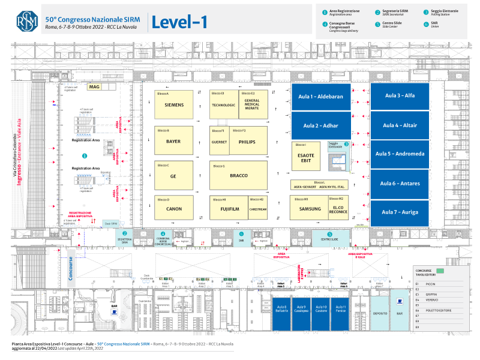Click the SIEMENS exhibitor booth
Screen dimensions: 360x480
[173, 104]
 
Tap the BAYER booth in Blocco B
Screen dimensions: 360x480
[173, 142]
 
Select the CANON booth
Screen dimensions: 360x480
[173, 209]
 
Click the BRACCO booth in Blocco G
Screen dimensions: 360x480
[238, 175]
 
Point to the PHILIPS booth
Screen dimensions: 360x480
[247, 142]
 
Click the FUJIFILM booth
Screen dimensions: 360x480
[228, 209]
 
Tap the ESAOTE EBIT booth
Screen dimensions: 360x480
[307, 157]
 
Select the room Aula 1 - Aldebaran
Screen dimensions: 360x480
[320, 97]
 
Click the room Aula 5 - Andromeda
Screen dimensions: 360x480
[400, 154]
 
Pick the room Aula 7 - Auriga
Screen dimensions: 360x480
[400, 212]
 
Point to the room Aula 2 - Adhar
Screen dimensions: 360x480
[320, 126]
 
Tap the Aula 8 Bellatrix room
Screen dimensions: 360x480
[281, 309]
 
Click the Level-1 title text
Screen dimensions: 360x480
[179, 22]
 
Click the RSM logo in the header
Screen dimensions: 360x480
[27, 22]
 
